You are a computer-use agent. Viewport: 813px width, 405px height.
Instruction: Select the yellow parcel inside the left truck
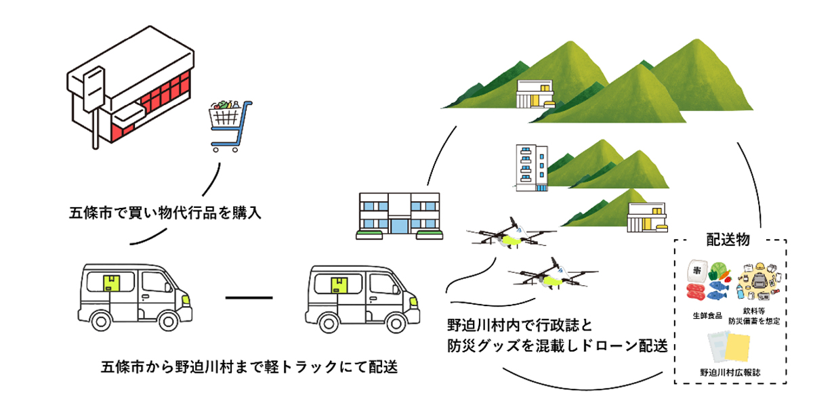coord(110,283)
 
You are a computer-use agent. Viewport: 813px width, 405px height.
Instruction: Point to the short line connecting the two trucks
coord(248,297)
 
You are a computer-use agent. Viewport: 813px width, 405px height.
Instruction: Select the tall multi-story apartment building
coord(530,165)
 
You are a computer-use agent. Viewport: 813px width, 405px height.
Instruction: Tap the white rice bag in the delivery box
coord(696,270)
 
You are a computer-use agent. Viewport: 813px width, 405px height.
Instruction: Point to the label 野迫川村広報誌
coord(731,372)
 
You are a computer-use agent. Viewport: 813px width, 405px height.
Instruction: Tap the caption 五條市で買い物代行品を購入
coord(165,212)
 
